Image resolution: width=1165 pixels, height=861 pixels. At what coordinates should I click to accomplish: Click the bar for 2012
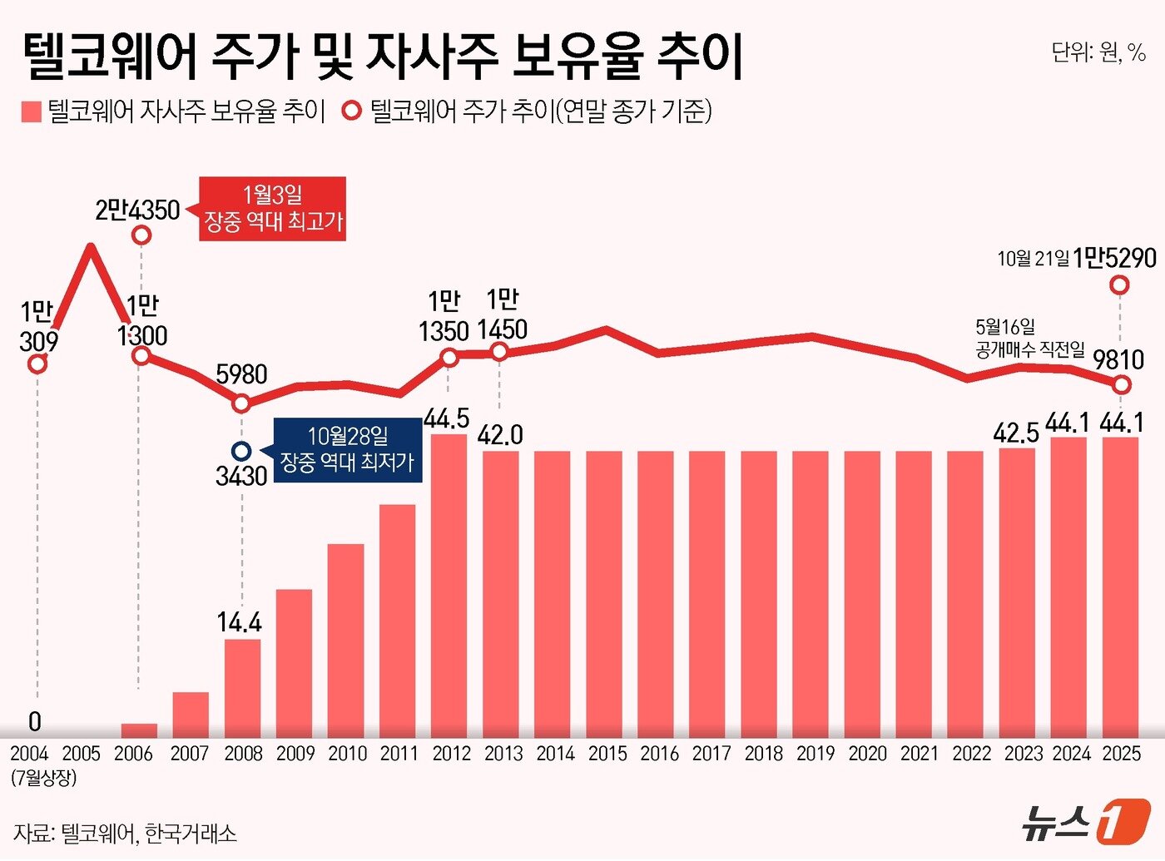pos(449,585)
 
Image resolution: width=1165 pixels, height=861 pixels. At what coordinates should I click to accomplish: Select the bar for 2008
pos(242,687)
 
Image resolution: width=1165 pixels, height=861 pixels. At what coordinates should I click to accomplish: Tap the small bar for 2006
pos(139,730)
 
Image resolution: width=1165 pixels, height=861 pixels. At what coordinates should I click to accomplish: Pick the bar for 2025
pos(1120,586)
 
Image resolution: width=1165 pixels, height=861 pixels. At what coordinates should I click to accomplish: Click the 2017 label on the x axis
pos(711,754)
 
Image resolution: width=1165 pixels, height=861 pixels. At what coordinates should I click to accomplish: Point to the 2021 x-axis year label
pos(920,754)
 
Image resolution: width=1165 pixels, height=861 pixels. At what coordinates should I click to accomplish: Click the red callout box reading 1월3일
pos(273,209)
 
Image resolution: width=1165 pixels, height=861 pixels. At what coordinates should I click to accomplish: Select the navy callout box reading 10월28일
pos(348,449)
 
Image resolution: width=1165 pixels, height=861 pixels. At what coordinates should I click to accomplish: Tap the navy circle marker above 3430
pos(241,451)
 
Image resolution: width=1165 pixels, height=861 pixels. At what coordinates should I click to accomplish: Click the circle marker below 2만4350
pos(141,235)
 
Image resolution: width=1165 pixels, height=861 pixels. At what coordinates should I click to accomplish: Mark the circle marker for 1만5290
pos(1120,285)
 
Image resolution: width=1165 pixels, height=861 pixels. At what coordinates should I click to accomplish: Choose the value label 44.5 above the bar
pos(447,418)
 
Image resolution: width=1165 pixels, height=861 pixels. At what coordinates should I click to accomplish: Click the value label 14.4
pos(240,622)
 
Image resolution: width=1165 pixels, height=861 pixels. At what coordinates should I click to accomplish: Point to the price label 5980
pos(241,374)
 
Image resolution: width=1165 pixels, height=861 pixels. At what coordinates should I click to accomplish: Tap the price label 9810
pos(1118,360)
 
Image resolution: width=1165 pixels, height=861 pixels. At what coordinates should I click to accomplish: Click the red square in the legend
pos(32,111)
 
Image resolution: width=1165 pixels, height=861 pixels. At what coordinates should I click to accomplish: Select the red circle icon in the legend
pos(353,111)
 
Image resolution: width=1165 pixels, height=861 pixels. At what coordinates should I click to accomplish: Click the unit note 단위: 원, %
pos(1098,52)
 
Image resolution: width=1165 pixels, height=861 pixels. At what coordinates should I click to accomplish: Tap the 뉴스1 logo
pos(1085,823)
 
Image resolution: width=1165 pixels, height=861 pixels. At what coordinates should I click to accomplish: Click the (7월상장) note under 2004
pos(43,779)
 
